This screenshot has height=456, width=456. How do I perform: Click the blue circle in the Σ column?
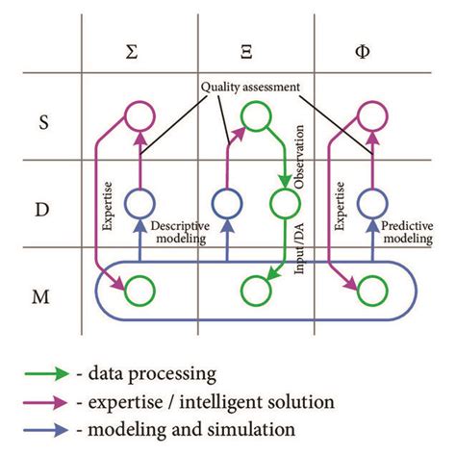pyautogui.click(x=139, y=204)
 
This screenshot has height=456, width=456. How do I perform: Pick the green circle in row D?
pyautogui.click(x=285, y=204)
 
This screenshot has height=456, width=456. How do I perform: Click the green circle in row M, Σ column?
pyautogui.click(x=139, y=289)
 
